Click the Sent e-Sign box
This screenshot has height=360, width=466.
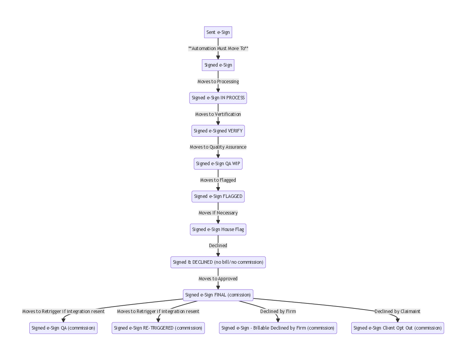218,32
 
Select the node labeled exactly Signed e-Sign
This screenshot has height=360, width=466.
218,65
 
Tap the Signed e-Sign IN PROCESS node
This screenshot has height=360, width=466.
218,98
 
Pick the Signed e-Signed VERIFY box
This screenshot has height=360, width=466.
218,131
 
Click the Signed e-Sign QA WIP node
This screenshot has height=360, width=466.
218,164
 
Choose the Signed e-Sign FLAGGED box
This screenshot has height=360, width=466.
218,196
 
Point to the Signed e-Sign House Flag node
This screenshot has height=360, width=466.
218,229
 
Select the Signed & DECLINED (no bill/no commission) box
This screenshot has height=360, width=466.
218,262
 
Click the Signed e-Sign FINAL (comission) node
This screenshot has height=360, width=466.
218,295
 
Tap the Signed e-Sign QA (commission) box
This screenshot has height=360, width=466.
63,328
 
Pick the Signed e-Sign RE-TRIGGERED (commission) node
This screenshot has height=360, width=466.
158,328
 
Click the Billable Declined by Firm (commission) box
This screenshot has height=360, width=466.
278,328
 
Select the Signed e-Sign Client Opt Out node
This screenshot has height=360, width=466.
397,328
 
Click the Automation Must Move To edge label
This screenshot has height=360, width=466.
218,49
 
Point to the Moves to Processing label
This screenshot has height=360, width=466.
218,82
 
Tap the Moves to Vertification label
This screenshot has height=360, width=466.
218,114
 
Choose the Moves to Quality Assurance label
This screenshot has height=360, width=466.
218,147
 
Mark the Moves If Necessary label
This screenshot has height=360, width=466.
218,213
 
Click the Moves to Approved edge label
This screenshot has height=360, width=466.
218,279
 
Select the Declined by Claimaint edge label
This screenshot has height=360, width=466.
397,311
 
